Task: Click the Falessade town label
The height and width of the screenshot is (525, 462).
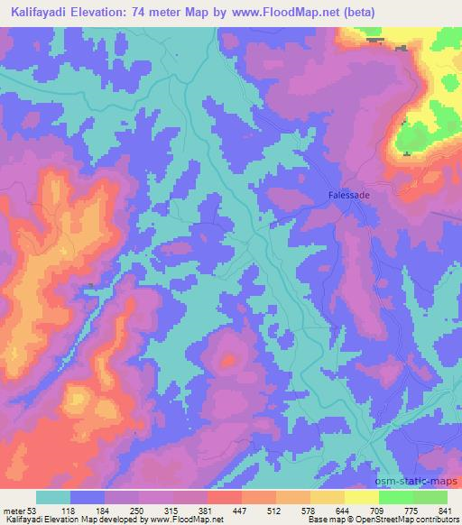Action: point(347,194)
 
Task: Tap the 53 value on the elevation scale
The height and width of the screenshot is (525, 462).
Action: point(36,509)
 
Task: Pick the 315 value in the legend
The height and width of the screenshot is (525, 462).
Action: point(171,509)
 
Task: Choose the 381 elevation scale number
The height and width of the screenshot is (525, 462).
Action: point(206,509)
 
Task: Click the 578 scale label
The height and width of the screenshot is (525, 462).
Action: point(310,509)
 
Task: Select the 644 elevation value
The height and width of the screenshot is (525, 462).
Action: point(344,509)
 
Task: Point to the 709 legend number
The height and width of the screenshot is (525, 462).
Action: point(378,509)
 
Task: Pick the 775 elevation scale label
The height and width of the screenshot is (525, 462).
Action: point(412,509)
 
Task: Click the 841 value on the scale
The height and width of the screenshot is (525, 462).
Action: point(447,509)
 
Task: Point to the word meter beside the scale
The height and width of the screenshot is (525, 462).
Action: point(14,509)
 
